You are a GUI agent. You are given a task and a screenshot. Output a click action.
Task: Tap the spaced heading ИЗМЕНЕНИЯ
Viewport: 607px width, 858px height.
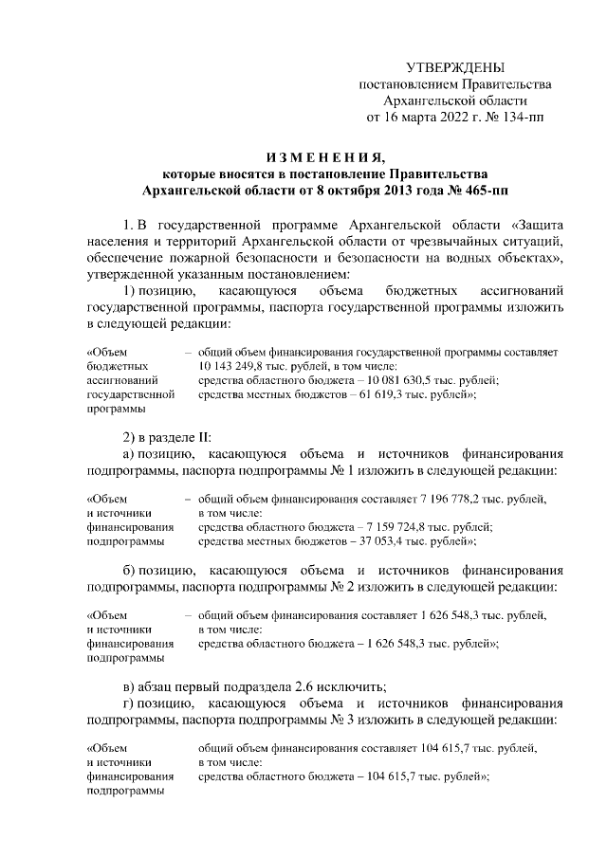(324, 156)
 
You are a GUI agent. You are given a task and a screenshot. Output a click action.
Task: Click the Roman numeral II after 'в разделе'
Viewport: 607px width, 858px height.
(204, 437)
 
